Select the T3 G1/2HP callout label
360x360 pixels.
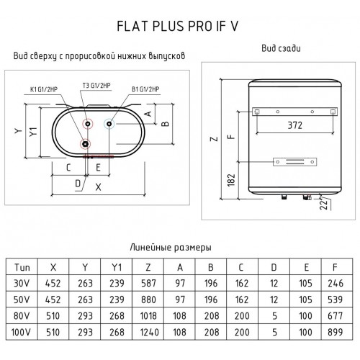coord(96,85)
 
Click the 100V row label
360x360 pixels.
coord(21,333)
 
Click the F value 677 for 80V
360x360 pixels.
coord(333,317)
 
